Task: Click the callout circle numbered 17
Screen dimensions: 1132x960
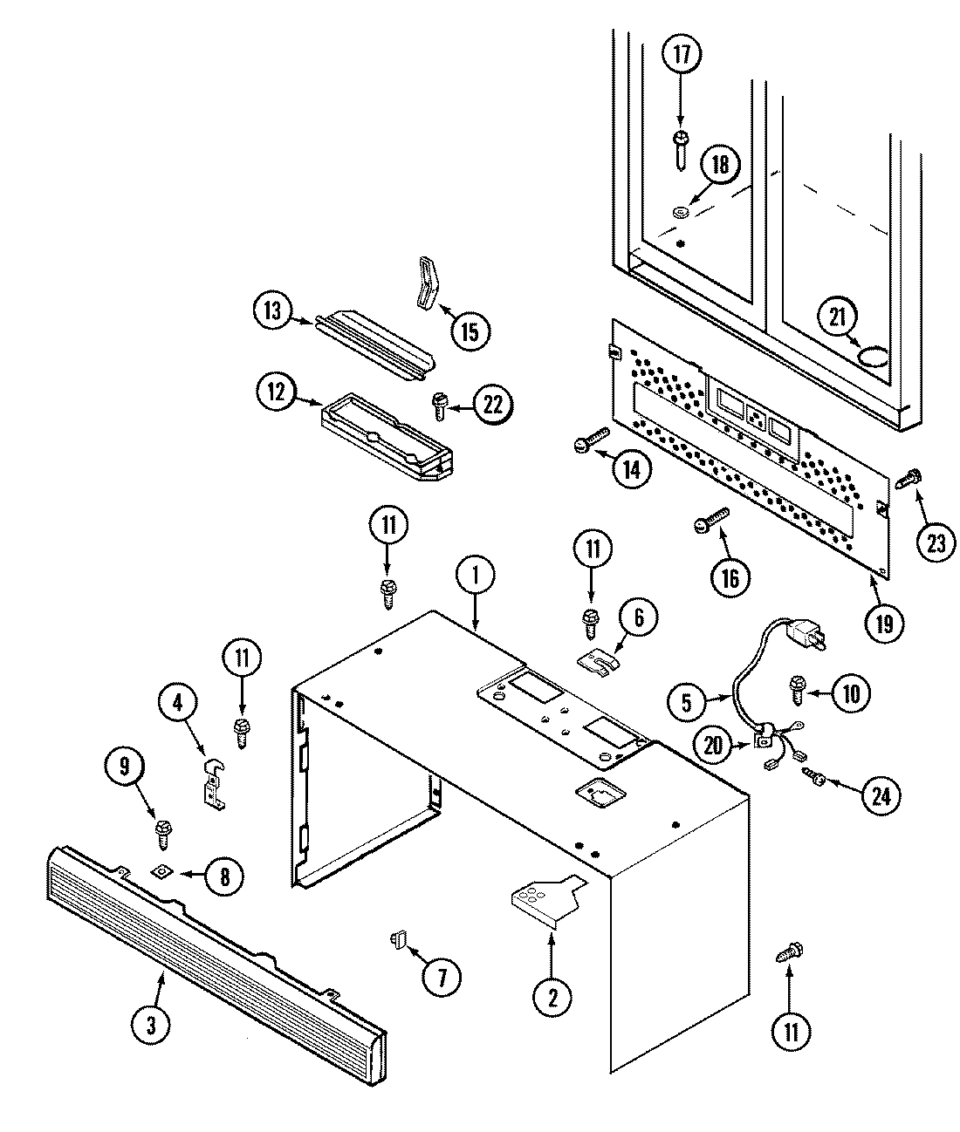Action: tap(681, 55)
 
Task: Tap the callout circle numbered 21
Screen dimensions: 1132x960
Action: tap(839, 319)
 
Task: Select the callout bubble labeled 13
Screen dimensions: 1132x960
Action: tap(273, 312)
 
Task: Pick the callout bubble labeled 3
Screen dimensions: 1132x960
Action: tap(151, 1026)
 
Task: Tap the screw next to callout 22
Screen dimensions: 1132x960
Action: tap(438, 402)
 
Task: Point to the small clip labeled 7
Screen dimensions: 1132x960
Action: tap(398, 941)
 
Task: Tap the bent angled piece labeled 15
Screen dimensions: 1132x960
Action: tap(426, 283)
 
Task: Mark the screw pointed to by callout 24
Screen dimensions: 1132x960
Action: tap(819, 774)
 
